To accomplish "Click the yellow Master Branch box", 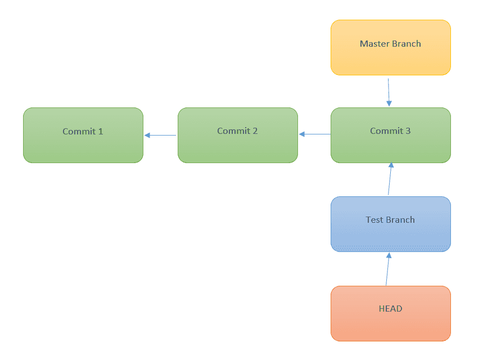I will [x=390, y=48].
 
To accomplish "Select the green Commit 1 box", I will [x=83, y=135].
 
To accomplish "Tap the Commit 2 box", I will [x=237, y=135].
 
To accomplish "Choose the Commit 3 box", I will [x=390, y=135].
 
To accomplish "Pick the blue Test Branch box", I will [x=390, y=224].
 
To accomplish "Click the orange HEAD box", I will [x=390, y=313].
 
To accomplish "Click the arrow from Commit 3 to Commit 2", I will [x=315, y=134].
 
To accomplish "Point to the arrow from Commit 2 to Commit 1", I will [x=160, y=135].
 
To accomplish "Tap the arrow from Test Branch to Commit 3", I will [x=390, y=179].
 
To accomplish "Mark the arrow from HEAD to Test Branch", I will [x=387, y=269].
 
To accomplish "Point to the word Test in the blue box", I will [x=374, y=220].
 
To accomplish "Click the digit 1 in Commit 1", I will [x=101, y=132].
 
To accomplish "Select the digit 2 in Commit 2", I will [x=255, y=131].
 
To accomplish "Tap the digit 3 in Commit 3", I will [x=408, y=131].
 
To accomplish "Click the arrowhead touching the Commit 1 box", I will [x=147, y=135].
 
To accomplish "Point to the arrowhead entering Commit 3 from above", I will [x=389, y=103].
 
